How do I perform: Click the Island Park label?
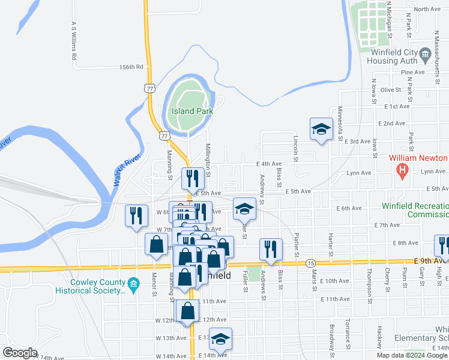pos(192,111)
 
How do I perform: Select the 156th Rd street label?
pos(131,67)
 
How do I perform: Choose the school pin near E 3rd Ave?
pos(321,129)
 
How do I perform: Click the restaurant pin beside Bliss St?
pos(271,249)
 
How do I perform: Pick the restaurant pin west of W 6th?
pos(136,215)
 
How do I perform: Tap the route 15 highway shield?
pos(310,263)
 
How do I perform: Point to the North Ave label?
pos(427,9)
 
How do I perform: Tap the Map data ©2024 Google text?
pos(412,355)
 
